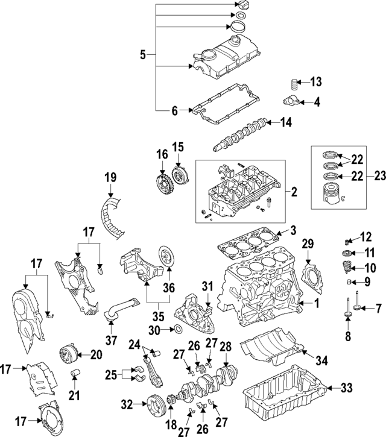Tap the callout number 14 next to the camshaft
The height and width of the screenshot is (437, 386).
tap(286, 122)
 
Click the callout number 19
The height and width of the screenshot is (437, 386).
tap(142, 55)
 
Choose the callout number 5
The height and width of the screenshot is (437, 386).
tap(142, 55)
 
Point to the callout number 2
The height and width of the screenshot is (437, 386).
tap(294, 193)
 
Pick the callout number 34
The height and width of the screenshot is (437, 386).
tap(322, 360)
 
